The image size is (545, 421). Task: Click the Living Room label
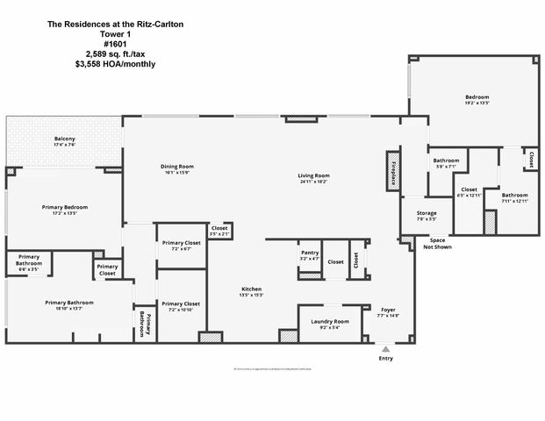314,178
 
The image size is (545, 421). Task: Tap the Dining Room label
176,168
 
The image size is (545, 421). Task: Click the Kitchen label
252,292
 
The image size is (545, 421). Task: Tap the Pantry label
309,255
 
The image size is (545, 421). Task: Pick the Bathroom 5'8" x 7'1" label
446,163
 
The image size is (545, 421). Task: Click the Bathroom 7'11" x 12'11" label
514,197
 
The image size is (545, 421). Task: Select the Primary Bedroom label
65,210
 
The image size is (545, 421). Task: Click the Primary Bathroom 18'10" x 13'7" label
69,304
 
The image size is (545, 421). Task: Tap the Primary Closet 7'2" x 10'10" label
181,306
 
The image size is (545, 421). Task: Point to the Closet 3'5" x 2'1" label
219,231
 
